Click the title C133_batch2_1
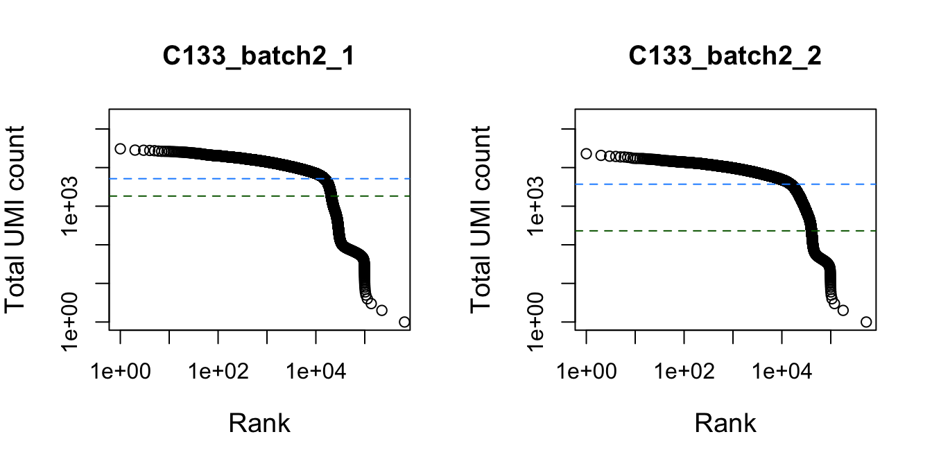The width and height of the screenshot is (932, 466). point(259,57)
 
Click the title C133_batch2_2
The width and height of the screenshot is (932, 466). point(725,57)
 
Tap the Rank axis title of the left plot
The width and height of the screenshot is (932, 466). point(259,422)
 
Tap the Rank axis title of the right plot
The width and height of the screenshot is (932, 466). point(725,422)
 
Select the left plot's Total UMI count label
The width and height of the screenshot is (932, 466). point(17,219)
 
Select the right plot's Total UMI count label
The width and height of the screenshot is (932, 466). point(483,219)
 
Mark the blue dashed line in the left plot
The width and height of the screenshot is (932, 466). point(208,178)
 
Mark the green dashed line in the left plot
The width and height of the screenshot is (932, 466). point(208,196)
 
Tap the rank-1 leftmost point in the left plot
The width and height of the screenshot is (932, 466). point(120,149)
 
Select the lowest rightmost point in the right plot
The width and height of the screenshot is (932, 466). point(865,322)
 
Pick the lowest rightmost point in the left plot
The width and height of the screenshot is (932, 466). point(404,322)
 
